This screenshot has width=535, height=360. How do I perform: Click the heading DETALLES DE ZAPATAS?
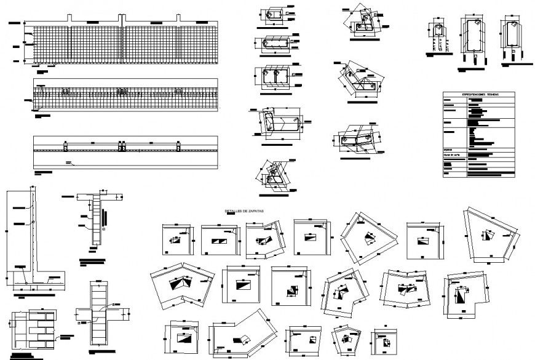pos(245,211)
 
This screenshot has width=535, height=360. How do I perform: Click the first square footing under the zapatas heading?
pos(176,239)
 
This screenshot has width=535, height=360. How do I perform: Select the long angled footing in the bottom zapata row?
pos(243,335)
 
